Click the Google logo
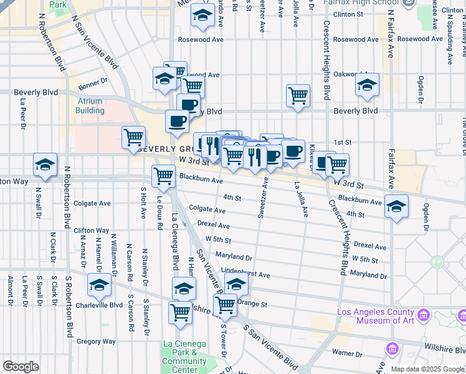point(21,367)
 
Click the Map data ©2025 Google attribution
point(427,369)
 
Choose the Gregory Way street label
point(96,342)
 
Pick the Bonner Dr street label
point(93,81)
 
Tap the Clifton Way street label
point(92,231)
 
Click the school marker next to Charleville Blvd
point(98,285)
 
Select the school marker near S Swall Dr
point(45,165)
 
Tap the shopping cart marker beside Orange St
point(225,305)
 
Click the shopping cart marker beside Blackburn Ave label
point(163,176)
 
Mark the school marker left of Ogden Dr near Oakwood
point(368,85)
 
